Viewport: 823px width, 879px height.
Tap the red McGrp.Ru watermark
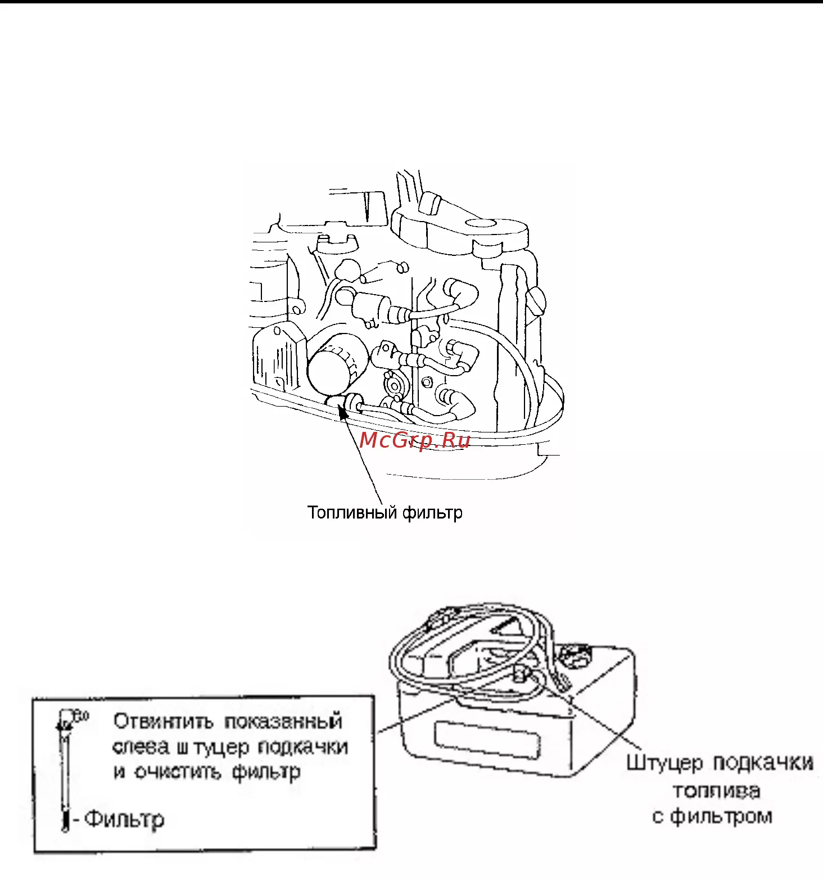pyautogui.click(x=415, y=440)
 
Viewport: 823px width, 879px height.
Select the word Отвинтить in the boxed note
pyautogui.click(x=163, y=721)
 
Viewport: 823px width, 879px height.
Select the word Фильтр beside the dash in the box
pyautogui.click(x=124, y=819)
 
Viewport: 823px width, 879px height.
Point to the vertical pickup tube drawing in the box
pyautogui.click(x=65, y=770)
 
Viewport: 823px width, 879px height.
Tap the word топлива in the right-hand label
pyautogui.click(x=716, y=791)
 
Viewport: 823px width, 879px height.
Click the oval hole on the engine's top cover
pyautogui.click(x=480, y=223)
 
